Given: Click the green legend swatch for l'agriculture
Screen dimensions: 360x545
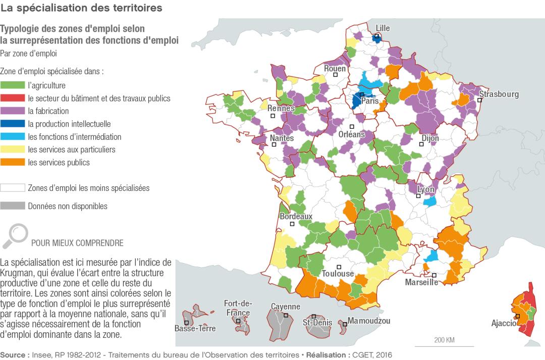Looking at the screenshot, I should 13,85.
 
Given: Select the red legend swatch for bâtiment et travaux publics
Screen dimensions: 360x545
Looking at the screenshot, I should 13,98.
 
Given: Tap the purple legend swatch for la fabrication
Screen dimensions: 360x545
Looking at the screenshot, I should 13,111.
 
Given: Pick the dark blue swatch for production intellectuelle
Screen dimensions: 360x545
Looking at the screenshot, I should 13,124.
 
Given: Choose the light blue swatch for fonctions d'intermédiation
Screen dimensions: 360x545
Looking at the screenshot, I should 13,137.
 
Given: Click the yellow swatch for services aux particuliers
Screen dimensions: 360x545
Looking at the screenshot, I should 13,149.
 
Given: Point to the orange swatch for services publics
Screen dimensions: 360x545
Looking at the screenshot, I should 13,163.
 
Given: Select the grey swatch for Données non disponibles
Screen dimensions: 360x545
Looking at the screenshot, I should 13,206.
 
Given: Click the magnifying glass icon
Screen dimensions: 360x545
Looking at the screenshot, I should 15,236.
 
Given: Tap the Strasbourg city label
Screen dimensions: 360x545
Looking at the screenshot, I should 499,94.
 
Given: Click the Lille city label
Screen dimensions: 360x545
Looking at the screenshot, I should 383,28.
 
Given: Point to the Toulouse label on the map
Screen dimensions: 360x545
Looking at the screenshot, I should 338,274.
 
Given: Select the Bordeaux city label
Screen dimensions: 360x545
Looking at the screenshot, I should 296,217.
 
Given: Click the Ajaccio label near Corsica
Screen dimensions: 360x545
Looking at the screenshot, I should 503,323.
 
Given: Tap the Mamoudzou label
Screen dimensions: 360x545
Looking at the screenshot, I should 369,321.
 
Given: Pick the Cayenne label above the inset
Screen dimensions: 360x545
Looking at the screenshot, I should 285,306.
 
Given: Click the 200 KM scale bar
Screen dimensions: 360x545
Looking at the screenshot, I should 444,345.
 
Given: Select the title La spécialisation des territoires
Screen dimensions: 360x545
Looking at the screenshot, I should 81,8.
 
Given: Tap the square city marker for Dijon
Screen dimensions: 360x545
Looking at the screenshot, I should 420,144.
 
